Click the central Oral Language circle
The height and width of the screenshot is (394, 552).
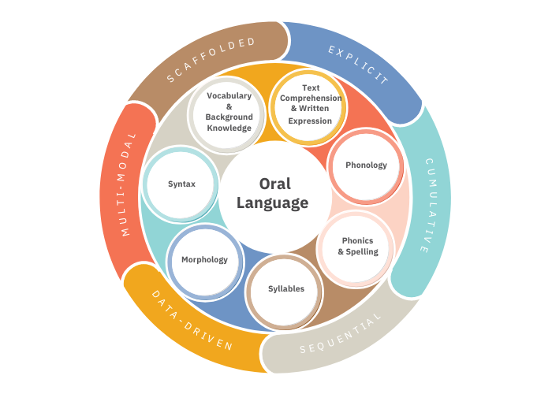click(x=273, y=194)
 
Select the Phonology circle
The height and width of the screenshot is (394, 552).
click(x=366, y=165)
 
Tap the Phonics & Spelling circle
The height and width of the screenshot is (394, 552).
click(x=357, y=247)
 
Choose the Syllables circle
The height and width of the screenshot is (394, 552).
click(x=285, y=288)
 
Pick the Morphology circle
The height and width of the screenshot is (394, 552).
click(x=204, y=260)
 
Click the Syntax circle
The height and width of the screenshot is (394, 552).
click(x=181, y=184)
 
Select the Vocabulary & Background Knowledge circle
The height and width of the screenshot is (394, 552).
click(x=229, y=112)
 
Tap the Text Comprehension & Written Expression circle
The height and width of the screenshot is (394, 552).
click(x=310, y=109)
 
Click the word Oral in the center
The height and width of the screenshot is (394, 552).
click(x=274, y=184)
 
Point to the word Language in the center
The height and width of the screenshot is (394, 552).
click(x=274, y=203)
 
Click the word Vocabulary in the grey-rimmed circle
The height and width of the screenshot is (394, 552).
click(x=229, y=96)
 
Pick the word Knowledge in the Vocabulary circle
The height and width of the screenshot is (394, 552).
click(x=229, y=128)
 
